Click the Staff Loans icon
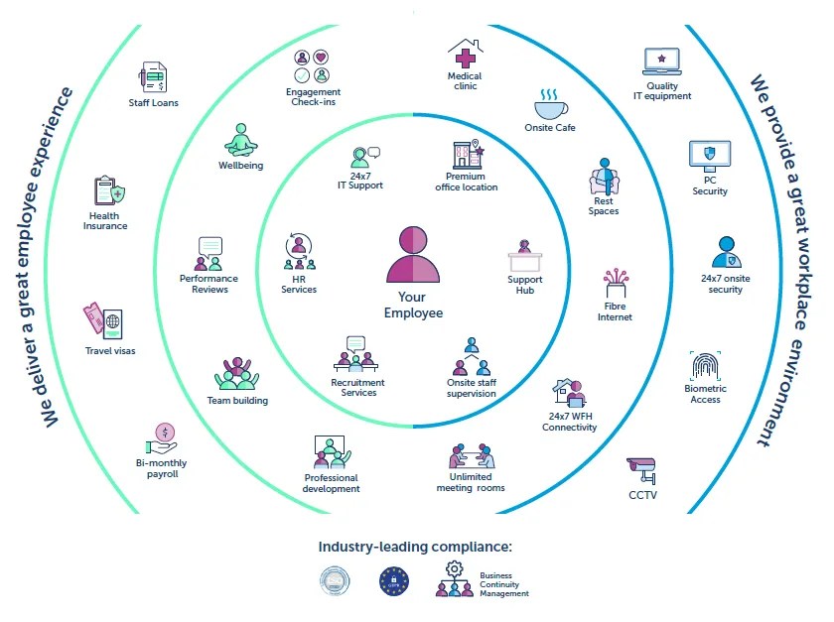154,77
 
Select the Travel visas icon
103,321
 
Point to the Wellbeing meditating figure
241,140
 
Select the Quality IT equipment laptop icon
662,63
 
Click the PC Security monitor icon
710,156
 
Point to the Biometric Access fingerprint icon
706,366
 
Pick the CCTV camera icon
642,468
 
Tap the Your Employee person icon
413,256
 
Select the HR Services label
298,284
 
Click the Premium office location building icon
466,154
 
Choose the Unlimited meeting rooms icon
471,455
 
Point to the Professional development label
332,483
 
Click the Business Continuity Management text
503,584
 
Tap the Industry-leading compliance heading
416,547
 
